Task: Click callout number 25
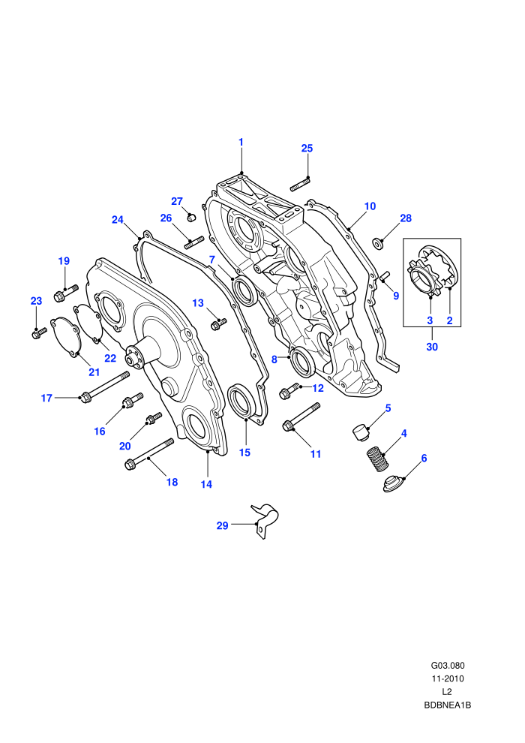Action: click(307, 149)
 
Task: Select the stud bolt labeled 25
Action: click(300, 184)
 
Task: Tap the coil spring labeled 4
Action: click(378, 459)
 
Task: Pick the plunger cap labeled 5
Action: click(361, 432)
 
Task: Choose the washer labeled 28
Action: click(377, 243)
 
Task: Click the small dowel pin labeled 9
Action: click(385, 275)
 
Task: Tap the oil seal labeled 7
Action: click(246, 291)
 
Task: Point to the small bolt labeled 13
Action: click(217, 324)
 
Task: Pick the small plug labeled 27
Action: click(191, 218)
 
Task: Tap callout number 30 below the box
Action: click(432, 347)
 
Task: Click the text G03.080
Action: click(447, 666)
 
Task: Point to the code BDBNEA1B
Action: click(447, 705)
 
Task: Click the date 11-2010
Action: click(447, 678)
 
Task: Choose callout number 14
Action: click(206, 484)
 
